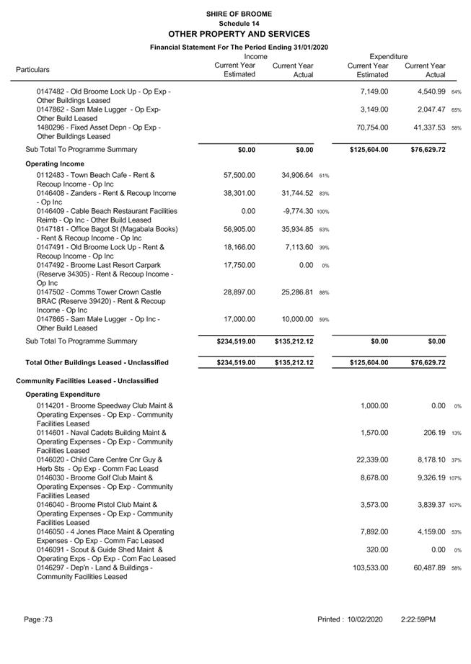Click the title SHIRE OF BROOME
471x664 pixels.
click(x=238, y=14)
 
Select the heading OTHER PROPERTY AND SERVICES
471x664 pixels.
click(x=238, y=34)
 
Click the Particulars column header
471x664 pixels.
click(x=32, y=70)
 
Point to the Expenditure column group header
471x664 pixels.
click(x=388, y=56)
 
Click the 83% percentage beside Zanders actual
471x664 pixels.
click(x=324, y=194)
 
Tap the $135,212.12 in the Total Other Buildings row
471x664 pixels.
click(x=294, y=363)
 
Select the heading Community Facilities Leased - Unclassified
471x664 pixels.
click(x=87, y=381)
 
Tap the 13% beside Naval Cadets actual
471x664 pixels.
click(x=457, y=434)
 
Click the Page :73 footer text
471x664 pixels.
click(x=38, y=619)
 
